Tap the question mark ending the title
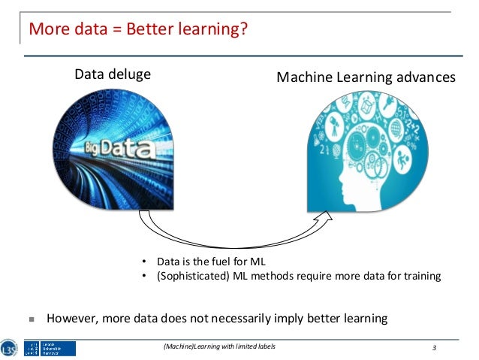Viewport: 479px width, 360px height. [243, 31]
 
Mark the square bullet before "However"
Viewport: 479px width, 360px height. [32, 319]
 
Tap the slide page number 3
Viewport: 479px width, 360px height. [434, 347]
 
